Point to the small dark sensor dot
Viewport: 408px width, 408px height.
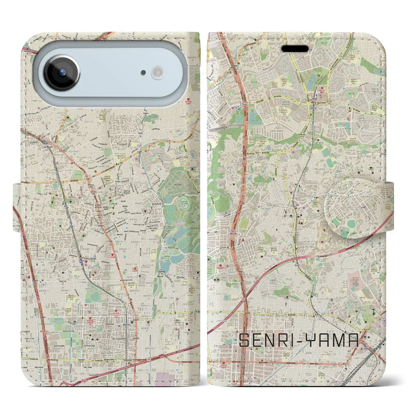pyautogui.click(x=143, y=73)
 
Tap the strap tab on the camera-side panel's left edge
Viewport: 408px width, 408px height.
pyautogui.click(x=17, y=204)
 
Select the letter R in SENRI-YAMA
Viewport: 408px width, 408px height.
pyautogui.click(x=277, y=340)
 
